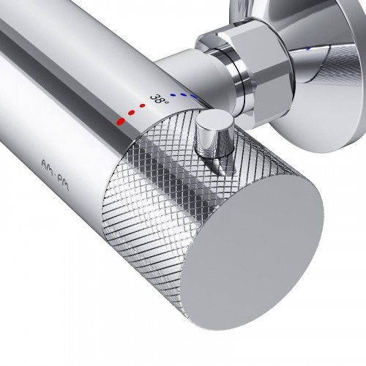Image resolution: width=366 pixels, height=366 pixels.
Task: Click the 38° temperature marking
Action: click(x=159, y=100)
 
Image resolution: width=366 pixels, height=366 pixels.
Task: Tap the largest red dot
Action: click(x=121, y=121)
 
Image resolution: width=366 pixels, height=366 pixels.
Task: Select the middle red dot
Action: click(x=132, y=113)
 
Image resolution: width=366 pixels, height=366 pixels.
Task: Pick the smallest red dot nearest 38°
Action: click(x=143, y=105)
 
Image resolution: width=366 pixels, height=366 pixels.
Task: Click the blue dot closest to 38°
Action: click(x=173, y=94)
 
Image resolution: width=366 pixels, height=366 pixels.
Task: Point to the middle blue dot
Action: click(x=183, y=94)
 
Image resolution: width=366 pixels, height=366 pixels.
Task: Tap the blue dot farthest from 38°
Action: click(x=194, y=96)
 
